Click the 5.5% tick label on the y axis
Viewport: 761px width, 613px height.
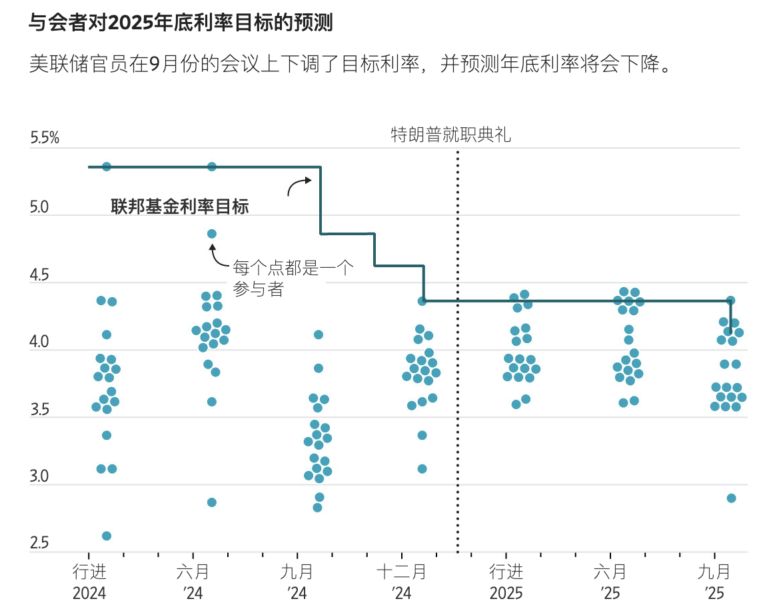tap(45, 139)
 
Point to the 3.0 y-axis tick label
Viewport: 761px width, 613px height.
tap(39, 476)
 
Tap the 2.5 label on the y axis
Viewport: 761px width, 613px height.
tap(39, 544)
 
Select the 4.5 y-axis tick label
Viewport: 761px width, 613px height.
tap(39, 275)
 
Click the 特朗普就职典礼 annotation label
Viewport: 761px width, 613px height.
tap(450, 135)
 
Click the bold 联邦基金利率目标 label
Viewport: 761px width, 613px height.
tap(179, 207)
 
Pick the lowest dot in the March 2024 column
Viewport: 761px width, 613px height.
tap(106, 536)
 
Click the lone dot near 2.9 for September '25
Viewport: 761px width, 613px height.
tap(731, 498)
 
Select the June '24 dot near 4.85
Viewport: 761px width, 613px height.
tap(211, 234)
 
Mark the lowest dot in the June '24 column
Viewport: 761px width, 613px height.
tap(211, 502)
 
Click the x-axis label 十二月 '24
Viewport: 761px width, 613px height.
tap(402, 582)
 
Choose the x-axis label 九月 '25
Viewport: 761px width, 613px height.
tap(715, 582)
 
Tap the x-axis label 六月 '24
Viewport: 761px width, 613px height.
tap(193, 582)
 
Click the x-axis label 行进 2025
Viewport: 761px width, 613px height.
tap(506, 582)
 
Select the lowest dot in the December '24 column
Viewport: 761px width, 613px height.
tap(422, 468)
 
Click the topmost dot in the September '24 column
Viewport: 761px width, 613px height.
tap(319, 334)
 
